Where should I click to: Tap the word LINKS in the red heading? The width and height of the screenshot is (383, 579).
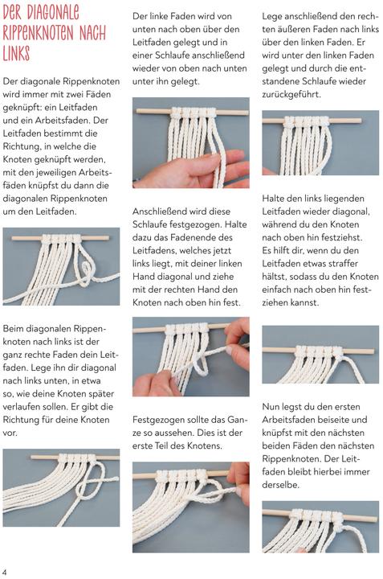pyautogui.click(x=16, y=54)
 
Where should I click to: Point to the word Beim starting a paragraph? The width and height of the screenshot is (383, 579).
pyautogui.click(x=16, y=330)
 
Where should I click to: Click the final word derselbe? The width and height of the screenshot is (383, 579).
pyautogui.click(x=284, y=485)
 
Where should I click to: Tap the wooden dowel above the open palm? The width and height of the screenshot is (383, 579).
pyautogui.click(x=190, y=105)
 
